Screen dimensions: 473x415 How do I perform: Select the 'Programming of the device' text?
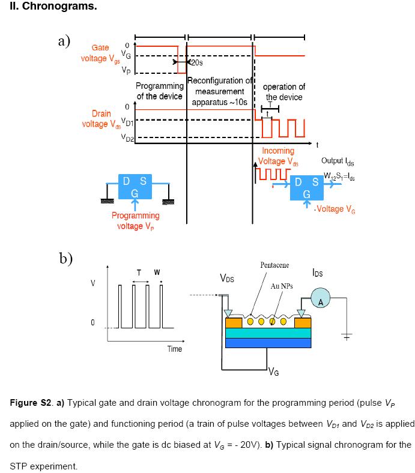tap(160, 91)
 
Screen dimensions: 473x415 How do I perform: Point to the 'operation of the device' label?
tap(284, 92)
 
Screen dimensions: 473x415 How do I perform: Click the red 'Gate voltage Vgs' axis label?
tap(100, 53)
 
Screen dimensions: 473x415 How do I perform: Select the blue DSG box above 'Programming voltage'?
tap(135, 187)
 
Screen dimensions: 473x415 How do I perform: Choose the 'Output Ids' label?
tap(338, 161)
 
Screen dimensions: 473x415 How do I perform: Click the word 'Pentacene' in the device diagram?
tap(274, 265)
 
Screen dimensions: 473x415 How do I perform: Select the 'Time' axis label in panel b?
tap(174, 349)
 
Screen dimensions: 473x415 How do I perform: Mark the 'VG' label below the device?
tap(274, 370)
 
